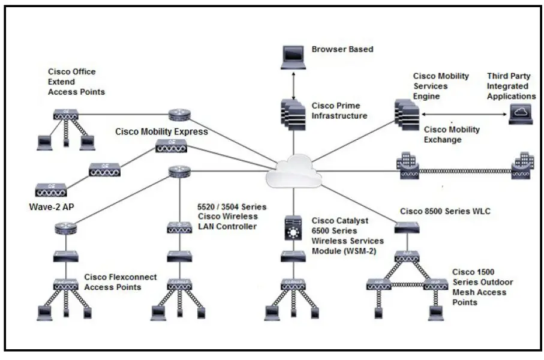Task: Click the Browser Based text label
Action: tap(342, 49)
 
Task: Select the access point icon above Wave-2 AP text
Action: tap(50, 191)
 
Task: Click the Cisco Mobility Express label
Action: tap(162, 132)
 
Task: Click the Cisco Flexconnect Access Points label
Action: tap(120, 282)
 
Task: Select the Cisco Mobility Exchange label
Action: tap(452, 134)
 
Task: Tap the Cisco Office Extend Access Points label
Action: tap(76, 82)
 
